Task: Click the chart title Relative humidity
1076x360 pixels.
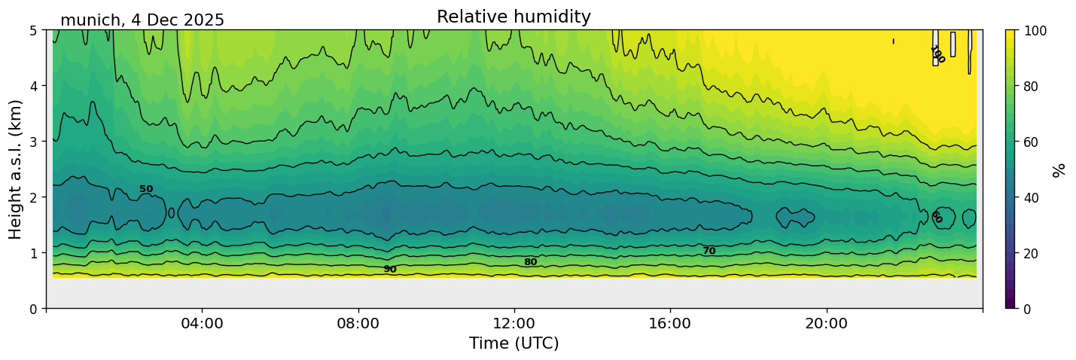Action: point(514,17)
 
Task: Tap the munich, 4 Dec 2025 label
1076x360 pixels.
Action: point(142,20)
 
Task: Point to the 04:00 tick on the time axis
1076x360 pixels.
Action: point(202,324)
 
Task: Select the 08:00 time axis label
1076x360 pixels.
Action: point(358,324)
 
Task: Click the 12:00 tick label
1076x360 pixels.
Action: point(514,324)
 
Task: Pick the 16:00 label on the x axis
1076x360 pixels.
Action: point(670,324)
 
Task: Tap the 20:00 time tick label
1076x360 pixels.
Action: point(827,324)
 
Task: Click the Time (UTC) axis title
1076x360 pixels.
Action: point(514,343)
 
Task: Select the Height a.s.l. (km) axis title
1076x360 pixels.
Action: point(16,169)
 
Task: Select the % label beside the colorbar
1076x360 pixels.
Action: point(1059,169)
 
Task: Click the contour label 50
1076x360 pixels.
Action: point(146,189)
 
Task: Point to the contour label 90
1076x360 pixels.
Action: point(389,269)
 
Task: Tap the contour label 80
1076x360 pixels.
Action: point(530,262)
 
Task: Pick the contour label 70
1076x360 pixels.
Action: point(709,251)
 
